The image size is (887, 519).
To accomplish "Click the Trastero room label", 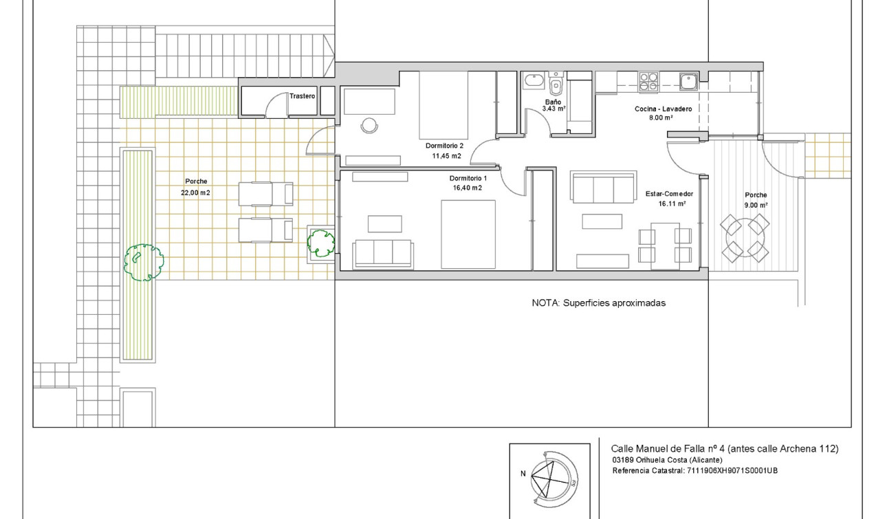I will [302, 96].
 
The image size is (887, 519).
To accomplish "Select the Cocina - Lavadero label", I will [662, 109].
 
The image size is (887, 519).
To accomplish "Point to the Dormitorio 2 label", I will [444, 146].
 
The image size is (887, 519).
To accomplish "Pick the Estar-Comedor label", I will [669, 195].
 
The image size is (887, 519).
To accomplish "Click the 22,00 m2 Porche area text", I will [195, 193].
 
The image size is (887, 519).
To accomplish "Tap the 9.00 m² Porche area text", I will [756, 205].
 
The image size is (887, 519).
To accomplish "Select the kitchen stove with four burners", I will [649, 82].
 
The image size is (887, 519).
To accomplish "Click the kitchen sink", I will [688, 82].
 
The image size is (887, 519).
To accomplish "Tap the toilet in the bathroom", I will [556, 85].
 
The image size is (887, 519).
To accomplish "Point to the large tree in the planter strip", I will [144, 262].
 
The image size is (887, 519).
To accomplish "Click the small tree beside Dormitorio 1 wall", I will [320, 242].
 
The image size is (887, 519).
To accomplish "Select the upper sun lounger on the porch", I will [265, 194].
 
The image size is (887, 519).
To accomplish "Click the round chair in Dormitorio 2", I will [369, 126].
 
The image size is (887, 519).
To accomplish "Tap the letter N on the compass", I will [523, 473].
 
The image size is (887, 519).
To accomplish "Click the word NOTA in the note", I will [545, 303].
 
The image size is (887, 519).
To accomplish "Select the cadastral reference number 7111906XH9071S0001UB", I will [732, 471].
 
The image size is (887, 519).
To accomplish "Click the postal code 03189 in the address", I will [622, 461].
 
